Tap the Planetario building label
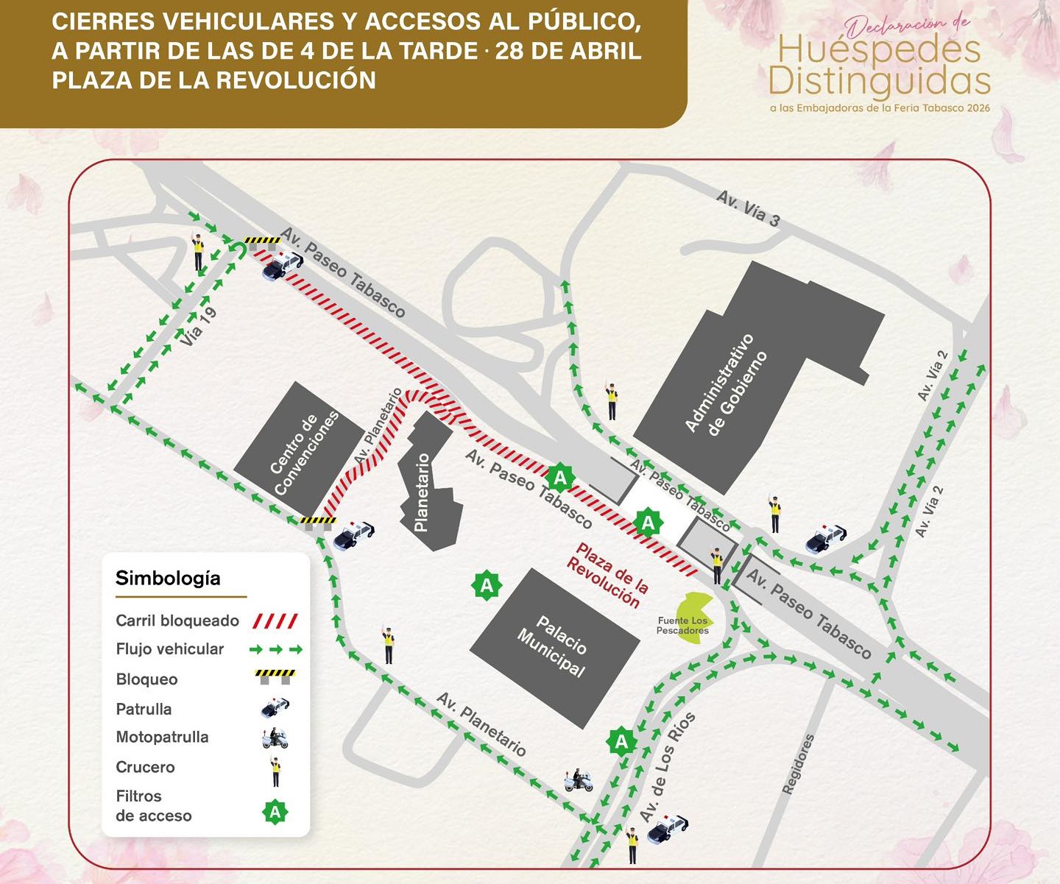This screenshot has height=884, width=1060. point(422,492)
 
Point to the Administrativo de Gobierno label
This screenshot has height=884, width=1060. point(726,384)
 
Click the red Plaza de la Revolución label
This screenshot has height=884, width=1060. point(608,575)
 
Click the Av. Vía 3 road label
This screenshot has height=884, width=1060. point(748,208)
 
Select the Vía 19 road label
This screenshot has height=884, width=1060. point(198,326)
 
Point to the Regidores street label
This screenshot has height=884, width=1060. point(799,764)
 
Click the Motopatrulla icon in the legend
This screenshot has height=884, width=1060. point(275,738)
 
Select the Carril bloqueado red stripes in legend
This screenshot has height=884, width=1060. point(275,620)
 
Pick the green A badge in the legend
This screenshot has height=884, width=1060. point(275,812)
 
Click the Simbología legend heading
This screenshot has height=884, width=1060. point(168,578)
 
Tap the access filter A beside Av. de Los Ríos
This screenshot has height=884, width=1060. point(621,741)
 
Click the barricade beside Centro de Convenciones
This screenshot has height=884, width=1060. point(318,523)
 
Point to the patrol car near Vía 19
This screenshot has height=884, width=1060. point(282,264)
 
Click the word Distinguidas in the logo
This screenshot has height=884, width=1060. point(880,81)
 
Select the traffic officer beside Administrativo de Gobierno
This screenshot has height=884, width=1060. point(612,400)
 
